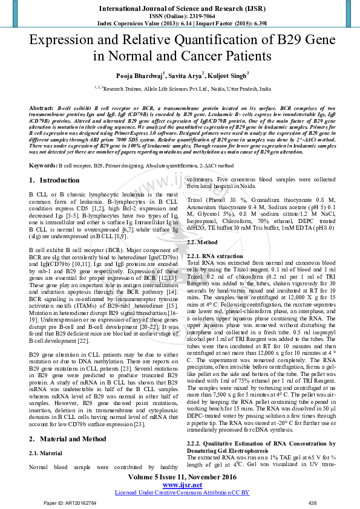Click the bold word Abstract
point(41,107)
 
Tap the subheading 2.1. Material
point(45,452)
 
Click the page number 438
point(312,503)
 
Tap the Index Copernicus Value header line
point(180,22)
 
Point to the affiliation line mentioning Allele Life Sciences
point(180,88)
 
